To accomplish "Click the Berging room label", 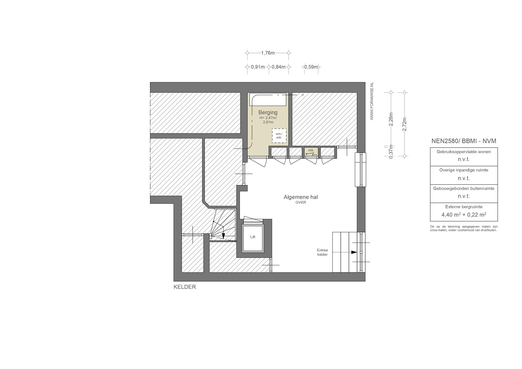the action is (x=268, y=112).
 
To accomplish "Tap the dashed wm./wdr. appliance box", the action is (x=279, y=136).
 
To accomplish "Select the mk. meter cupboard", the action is (x=311, y=152).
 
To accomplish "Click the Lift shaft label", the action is (x=253, y=237).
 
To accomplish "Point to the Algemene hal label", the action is (x=301, y=197).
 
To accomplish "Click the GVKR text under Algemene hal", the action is (x=301, y=203).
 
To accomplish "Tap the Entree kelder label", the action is (x=322, y=252).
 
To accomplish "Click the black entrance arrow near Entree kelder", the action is (x=354, y=252).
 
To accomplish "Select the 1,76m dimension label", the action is (x=268, y=53).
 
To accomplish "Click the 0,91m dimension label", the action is (x=258, y=67).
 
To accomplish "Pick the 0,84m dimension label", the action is (x=279, y=67).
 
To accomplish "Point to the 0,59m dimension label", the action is (x=311, y=67).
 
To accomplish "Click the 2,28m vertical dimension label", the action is (x=391, y=119).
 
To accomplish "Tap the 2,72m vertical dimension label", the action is (x=404, y=124).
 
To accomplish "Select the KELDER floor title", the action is (x=185, y=287).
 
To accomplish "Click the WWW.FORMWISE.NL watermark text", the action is (x=372, y=101).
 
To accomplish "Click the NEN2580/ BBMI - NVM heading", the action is (x=464, y=141).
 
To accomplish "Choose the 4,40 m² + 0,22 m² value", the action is (x=464, y=215).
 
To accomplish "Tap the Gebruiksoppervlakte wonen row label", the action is (x=464, y=152).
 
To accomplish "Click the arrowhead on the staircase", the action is (x=223, y=236).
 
